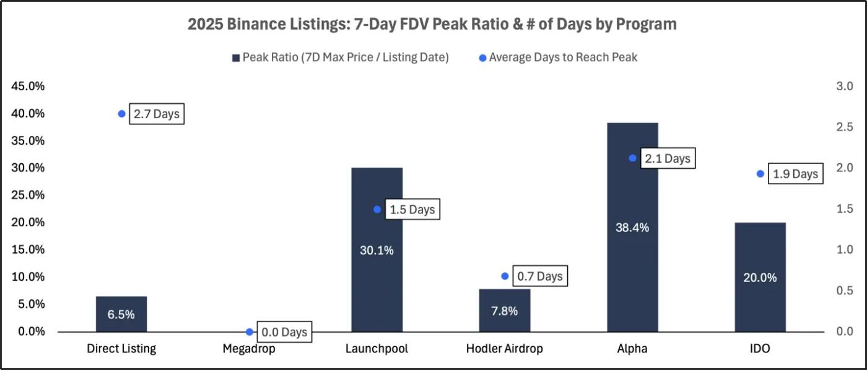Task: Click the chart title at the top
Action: click(x=432, y=24)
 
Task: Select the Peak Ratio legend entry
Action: click(x=340, y=58)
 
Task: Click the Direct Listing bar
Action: click(x=121, y=314)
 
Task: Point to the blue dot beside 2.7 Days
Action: click(x=121, y=114)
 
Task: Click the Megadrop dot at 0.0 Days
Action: click(x=249, y=332)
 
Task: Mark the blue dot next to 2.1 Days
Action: click(x=632, y=158)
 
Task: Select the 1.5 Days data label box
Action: click(x=412, y=210)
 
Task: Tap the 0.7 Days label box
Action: click(x=541, y=276)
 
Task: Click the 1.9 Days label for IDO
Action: click(x=796, y=174)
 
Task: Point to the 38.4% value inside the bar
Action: click(x=632, y=228)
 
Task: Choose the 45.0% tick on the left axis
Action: click(x=28, y=86)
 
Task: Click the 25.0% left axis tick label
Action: click(x=28, y=195)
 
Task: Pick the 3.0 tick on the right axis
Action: click(x=845, y=86)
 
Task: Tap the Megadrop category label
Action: click(x=249, y=349)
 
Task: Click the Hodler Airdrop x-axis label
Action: click(x=504, y=349)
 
